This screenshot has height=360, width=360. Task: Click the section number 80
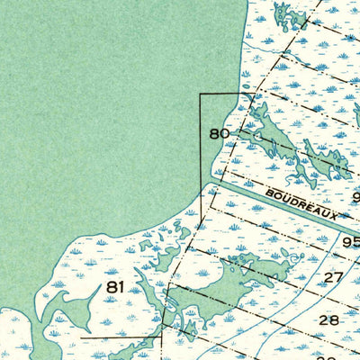(x=220, y=134)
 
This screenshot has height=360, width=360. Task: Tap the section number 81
(x=114, y=287)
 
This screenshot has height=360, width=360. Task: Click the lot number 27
(x=334, y=277)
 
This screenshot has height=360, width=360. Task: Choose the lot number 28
(x=328, y=319)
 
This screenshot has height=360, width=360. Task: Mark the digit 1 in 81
(x=120, y=287)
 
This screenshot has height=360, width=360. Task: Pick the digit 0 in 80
(x=225, y=134)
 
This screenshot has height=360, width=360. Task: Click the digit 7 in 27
(x=339, y=277)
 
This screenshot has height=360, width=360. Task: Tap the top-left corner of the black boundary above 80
(x=200, y=94)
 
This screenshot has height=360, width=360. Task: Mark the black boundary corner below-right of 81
(x=162, y=336)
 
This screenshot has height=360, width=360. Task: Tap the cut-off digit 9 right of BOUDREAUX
(x=355, y=197)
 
